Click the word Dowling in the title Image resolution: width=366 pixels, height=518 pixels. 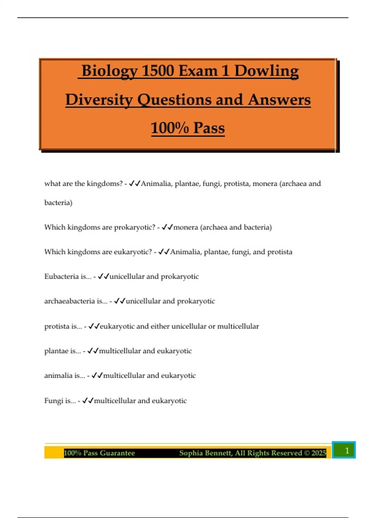point(266,71)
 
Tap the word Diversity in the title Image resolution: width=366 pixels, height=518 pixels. point(99,100)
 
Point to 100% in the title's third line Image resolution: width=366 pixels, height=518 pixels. point(170,128)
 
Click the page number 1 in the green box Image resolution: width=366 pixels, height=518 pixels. point(346,450)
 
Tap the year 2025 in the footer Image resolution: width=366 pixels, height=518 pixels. point(319,453)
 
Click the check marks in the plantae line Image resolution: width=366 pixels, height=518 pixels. point(93,351)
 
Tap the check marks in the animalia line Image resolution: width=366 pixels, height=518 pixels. point(97,375)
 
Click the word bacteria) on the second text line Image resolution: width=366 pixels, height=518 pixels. point(58,203)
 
